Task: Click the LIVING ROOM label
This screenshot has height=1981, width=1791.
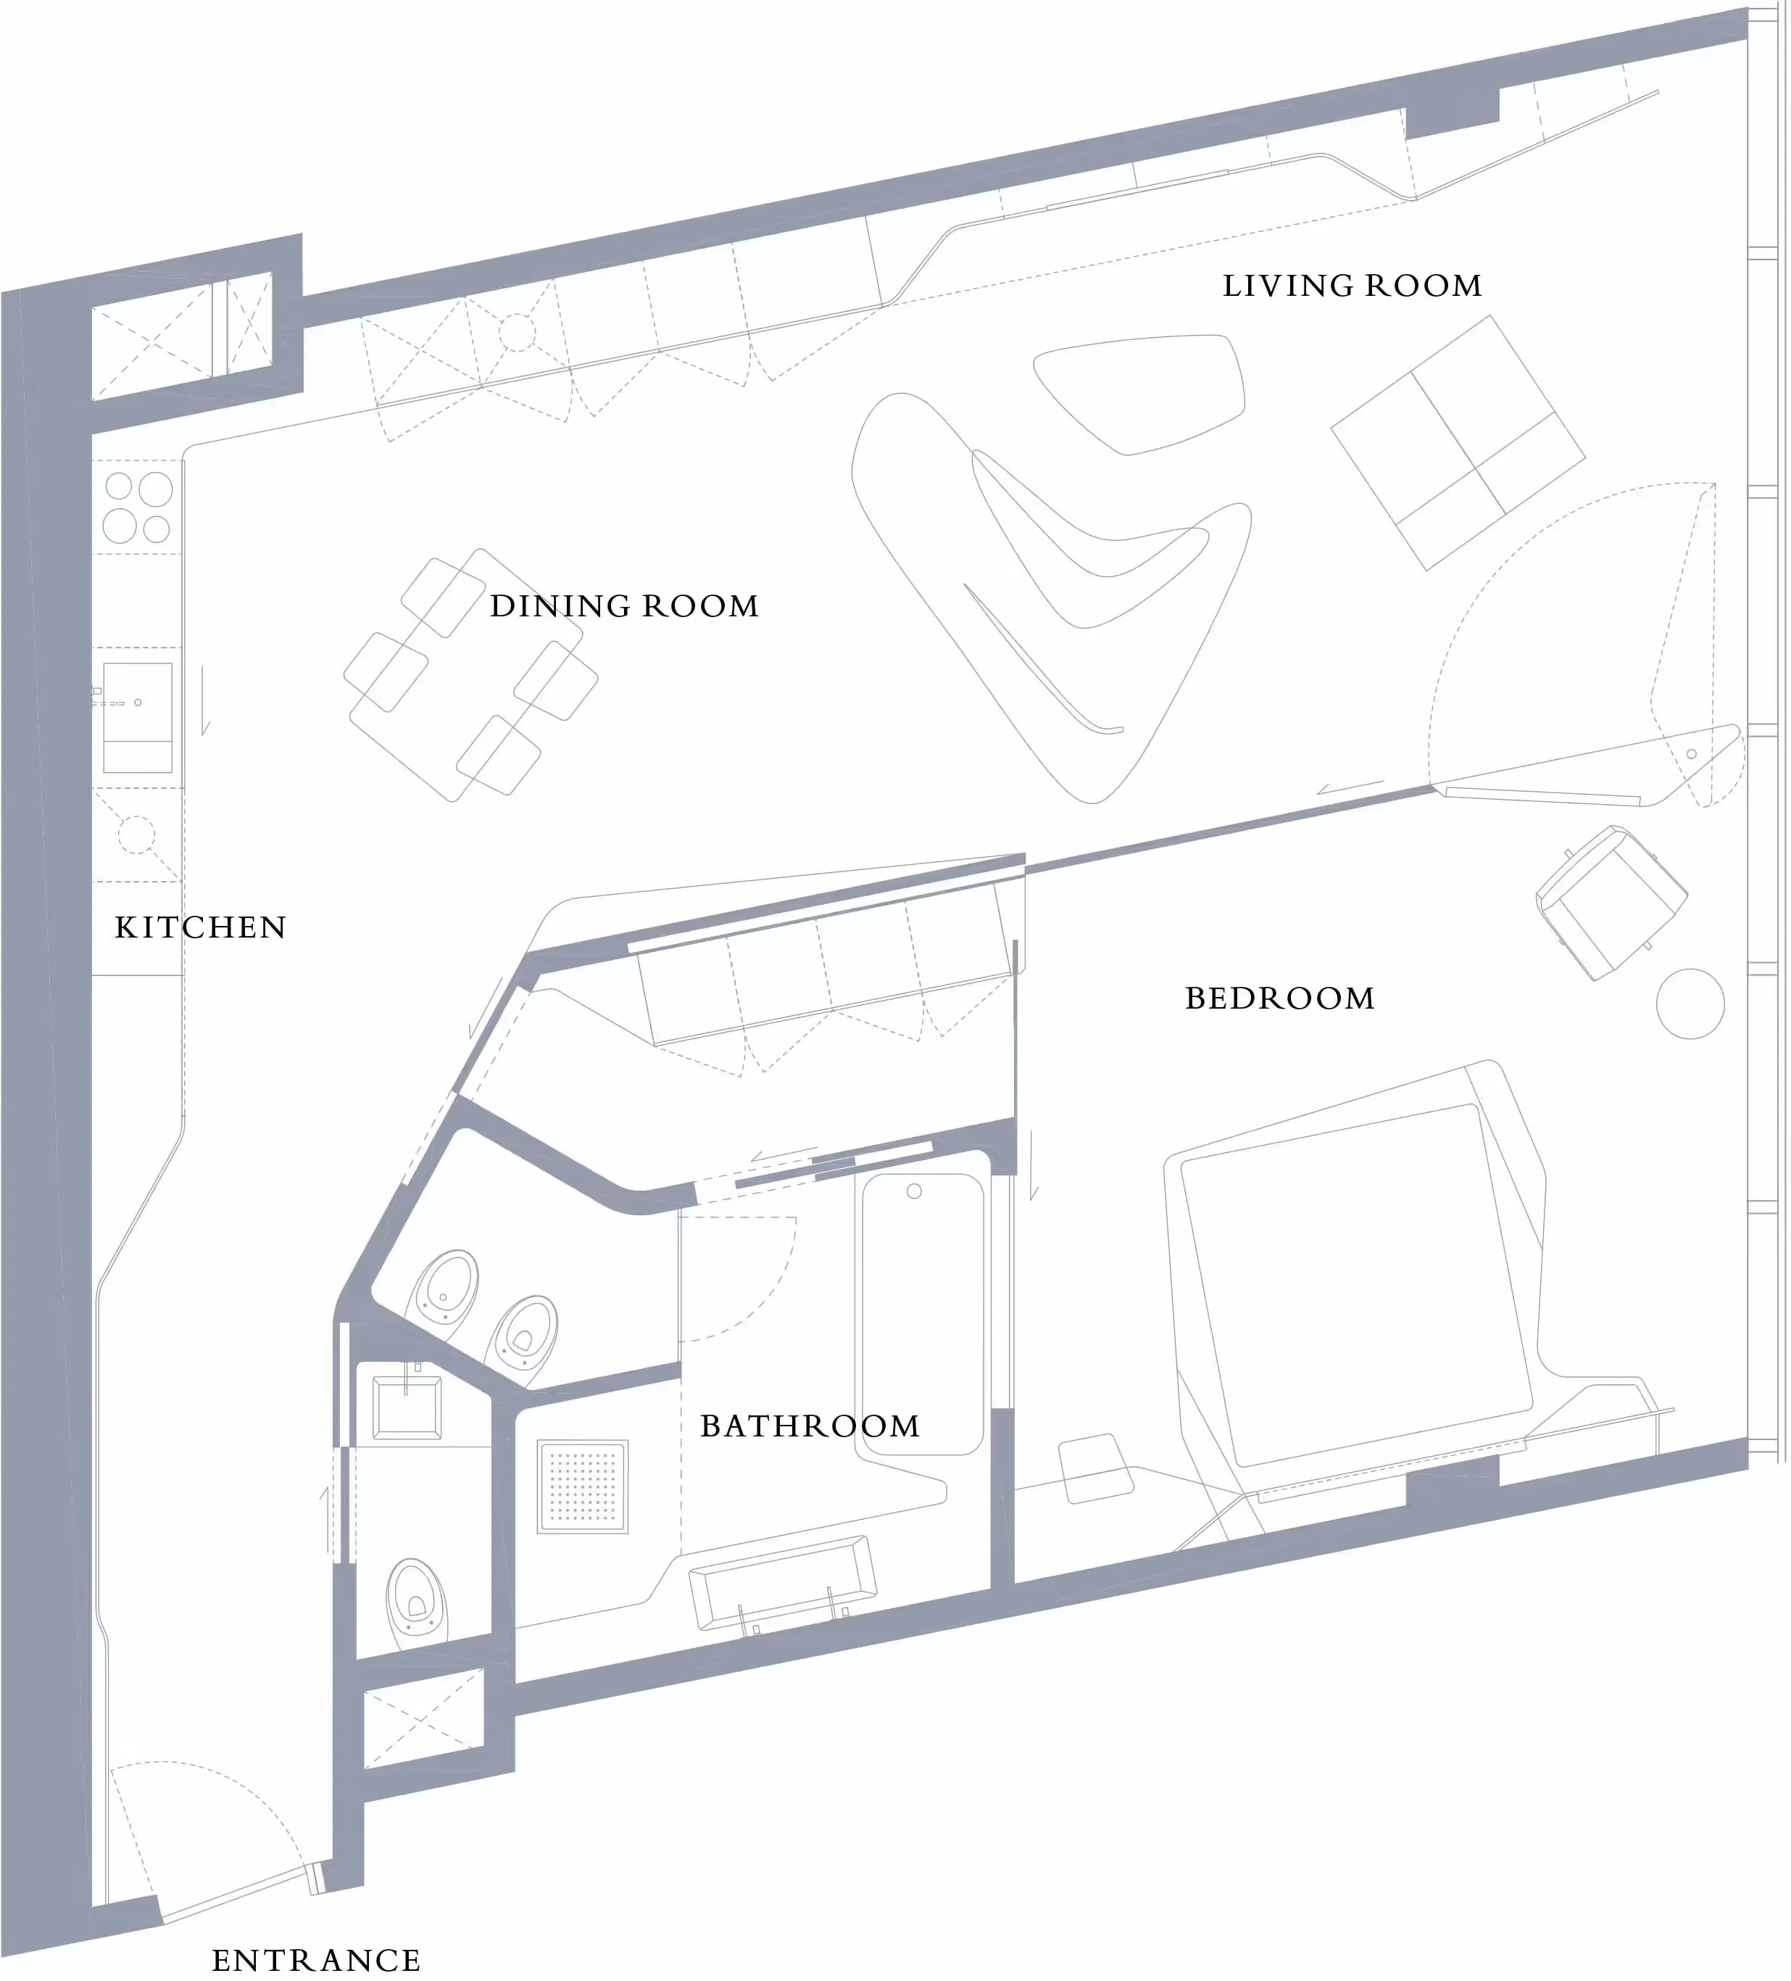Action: tap(1352, 286)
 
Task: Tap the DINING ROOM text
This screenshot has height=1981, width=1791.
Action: tap(625, 606)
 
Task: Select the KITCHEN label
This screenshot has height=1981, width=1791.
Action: tap(201, 927)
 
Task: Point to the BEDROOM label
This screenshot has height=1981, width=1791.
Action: tap(1279, 998)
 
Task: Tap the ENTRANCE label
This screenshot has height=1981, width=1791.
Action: tap(316, 1961)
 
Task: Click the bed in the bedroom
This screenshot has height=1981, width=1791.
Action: tap(1356, 1287)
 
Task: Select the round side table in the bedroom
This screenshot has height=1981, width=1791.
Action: tap(1690, 1004)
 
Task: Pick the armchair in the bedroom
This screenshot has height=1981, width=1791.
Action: tap(1611, 902)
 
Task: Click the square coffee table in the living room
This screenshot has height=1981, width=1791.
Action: tap(1458, 442)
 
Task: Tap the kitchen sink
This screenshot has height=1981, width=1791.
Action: tap(138, 717)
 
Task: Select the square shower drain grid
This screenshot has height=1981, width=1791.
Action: tap(583, 1486)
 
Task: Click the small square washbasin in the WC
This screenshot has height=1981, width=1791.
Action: tap(407, 1408)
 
